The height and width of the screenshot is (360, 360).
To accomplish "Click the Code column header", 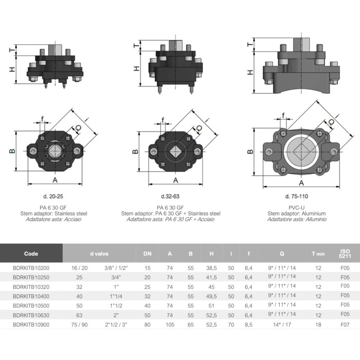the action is [x=31, y=254].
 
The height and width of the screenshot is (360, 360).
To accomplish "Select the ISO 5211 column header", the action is [x=345, y=254].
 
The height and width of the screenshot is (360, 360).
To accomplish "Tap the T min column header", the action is [x=318, y=254].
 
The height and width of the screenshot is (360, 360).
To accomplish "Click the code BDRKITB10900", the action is [x=31, y=325].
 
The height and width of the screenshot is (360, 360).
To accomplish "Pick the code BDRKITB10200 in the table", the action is [x=31, y=268].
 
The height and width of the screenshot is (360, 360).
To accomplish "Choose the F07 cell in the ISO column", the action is [x=345, y=325].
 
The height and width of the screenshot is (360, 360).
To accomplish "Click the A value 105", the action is [x=170, y=325].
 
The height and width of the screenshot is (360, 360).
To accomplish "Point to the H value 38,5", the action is [x=211, y=268].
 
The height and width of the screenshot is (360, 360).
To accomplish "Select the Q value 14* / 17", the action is [x=282, y=325].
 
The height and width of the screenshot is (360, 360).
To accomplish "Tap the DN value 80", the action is [x=148, y=325].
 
